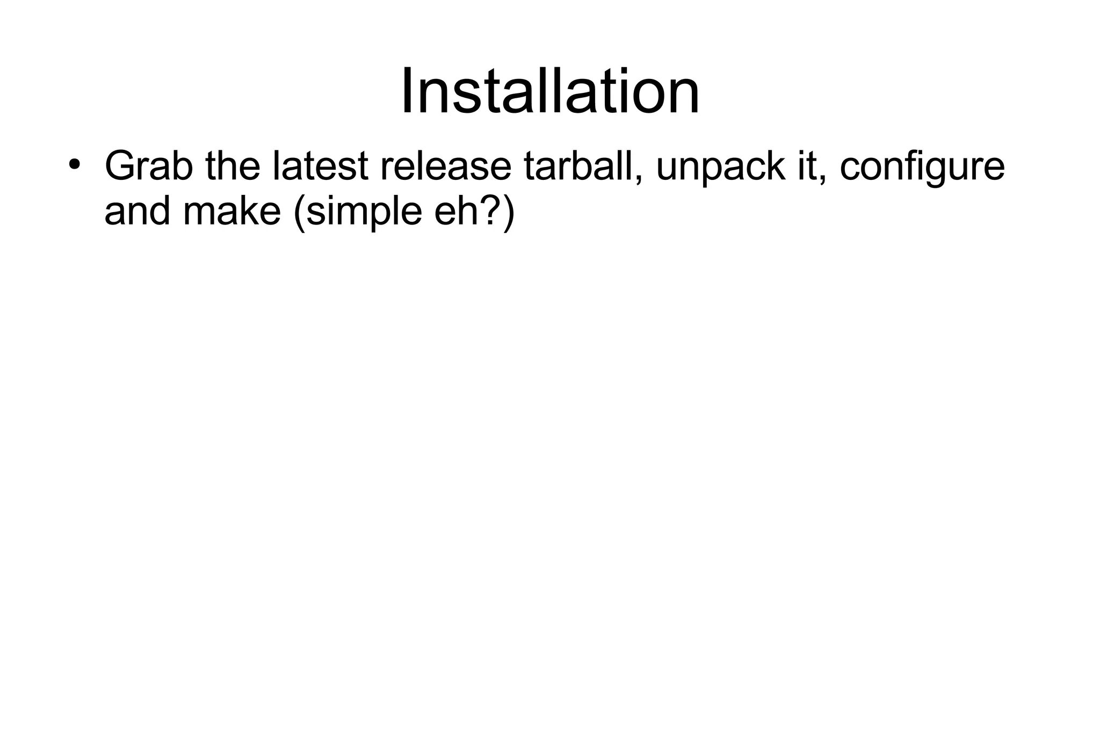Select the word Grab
149,166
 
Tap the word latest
320,166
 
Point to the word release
446,166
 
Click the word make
231,212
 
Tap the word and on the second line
137,212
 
